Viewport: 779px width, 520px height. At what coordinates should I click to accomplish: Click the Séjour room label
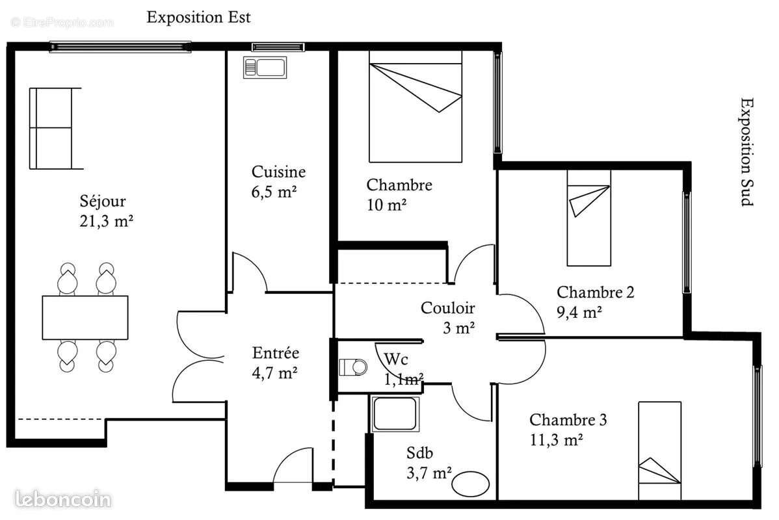click(103, 201)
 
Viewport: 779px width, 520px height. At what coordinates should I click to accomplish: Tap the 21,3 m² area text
click(105, 221)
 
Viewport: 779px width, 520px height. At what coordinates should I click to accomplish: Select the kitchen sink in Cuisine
click(265, 67)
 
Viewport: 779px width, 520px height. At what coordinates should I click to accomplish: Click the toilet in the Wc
click(353, 367)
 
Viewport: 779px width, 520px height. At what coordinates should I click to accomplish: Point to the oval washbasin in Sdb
click(471, 484)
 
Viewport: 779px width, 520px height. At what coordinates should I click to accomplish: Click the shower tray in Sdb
click(394, 413)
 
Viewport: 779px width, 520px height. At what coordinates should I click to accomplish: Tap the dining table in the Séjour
click(85, 318)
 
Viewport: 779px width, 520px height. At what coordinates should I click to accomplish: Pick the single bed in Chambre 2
click(589, 218)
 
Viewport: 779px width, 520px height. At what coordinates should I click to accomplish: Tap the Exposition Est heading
click(198, 17)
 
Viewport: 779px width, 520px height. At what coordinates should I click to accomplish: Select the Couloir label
click(448, 308)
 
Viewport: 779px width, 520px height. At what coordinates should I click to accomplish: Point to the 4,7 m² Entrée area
click(275, 373)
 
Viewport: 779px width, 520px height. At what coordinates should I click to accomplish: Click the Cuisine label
click(278, 172)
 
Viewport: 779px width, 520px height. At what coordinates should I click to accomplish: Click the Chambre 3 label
click(568, 420)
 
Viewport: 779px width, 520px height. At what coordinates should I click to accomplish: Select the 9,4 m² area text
click(579, 312)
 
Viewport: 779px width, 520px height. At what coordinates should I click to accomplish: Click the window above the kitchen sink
click(278, 47)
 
